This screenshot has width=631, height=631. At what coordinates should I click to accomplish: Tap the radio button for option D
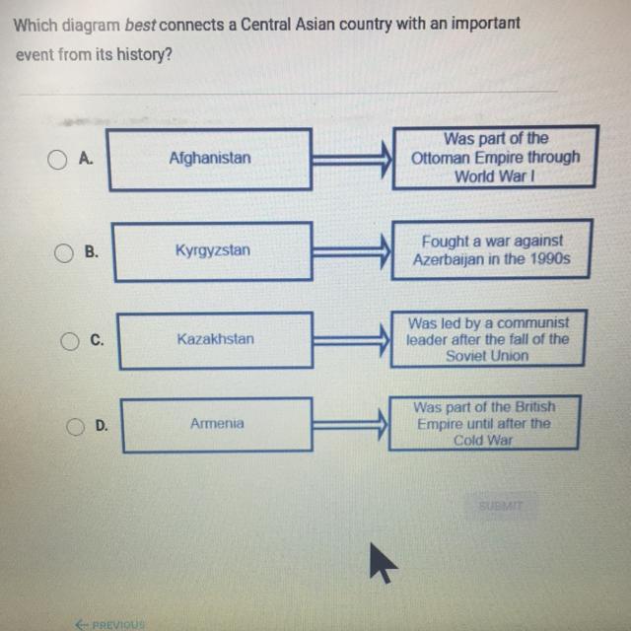[76, 426]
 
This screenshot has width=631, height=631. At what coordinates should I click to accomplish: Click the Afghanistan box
[209, 158]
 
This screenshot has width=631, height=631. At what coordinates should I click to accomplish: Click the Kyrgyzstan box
[212, 250]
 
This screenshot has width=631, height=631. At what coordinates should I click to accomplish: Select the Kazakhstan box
[215, 339]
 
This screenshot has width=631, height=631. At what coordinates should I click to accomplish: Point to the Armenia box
[217, 424]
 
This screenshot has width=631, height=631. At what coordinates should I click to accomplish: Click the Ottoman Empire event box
[496, 158]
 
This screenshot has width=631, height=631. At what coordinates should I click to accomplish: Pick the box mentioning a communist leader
[488, 339]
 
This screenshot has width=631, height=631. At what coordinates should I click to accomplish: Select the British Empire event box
[483, 424]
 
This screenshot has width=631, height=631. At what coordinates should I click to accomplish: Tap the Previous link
[110, 624]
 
